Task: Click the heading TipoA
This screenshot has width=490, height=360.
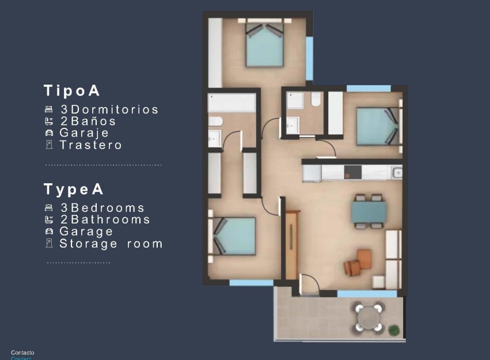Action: (72, 90)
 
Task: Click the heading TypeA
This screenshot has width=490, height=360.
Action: (74, 189)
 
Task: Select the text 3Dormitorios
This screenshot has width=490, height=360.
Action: (109, 109)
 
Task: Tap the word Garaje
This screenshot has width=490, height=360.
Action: (84, 133)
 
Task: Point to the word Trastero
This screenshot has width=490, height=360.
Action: (91, 145)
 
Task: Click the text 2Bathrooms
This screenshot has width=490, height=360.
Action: (105, 219)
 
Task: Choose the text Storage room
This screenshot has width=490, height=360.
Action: (111, 244)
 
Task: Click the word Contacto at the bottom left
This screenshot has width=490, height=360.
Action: (22, 353)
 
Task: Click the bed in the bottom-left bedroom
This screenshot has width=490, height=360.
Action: (234, 236)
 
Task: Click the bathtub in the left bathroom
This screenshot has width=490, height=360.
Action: (231, 103)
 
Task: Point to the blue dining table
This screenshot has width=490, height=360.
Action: (369, 211)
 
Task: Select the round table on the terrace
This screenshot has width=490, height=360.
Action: (367, 316)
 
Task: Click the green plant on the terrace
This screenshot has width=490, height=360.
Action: (394, 330)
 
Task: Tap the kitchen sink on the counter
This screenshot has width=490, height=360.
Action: (397, 172)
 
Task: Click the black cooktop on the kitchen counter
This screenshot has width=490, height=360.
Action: (352, 172)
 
